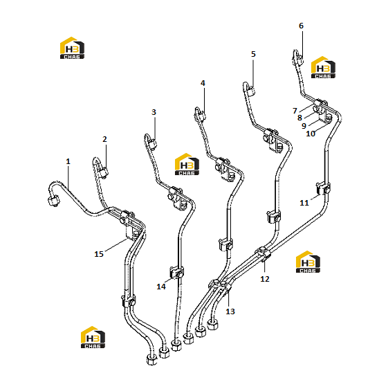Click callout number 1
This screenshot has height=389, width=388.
[x=68, y=161]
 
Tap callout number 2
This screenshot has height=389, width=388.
[x=104, y=139]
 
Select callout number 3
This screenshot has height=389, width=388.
[x=154, y=112]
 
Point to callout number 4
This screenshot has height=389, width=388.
[x=203, y=83]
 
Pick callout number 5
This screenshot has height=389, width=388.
[x=253, y=54]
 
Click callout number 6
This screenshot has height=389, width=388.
[x=302, y=26]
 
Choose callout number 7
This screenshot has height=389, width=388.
[x=295, y=111]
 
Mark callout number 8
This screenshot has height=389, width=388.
[x=299, y=118]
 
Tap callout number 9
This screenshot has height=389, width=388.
[x=304, y=126]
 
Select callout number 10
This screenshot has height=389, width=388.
[x=311, y=134]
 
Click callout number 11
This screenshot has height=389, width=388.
[x=304, y=203]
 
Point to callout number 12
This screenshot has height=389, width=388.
[x=265, y=279]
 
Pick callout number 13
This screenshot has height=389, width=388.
[x=230, y=311]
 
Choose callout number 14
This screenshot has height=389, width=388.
[x=161, y=287]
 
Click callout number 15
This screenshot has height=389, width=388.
[x=99, y=254]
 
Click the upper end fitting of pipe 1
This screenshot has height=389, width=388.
[x=53, y=201]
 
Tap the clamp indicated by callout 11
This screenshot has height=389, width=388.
[x=323, y=189]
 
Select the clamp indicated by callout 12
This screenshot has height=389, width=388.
[x=263, y=254]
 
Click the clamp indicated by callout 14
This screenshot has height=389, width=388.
[x=177, y=273]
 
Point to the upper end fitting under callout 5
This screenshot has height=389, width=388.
[x=250, y=91]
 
